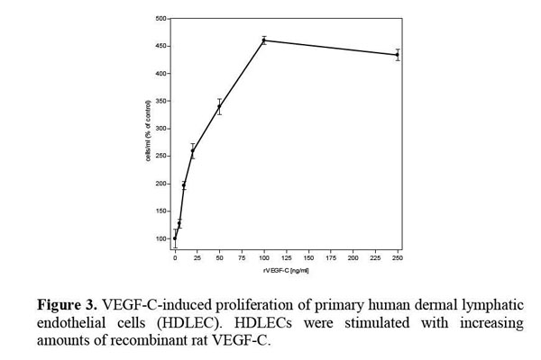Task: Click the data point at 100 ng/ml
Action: [263, 40]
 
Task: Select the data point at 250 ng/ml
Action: [397, 55]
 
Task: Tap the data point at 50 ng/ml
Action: [219, 107]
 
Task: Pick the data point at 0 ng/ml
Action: [175, 238]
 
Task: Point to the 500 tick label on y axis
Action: [160, 18]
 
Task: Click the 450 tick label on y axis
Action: [160, 46]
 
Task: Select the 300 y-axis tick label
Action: [160, 129]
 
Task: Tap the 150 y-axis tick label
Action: [160, 211]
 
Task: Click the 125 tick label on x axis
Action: [286, 258]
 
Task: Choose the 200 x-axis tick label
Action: [353, 258]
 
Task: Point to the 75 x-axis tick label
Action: [242, 258]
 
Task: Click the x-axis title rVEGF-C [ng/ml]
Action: [286, 270]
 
